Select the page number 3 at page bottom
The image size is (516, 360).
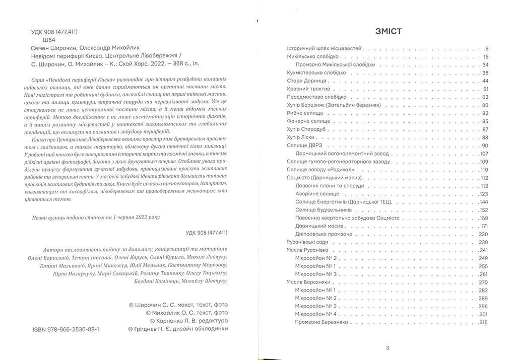tap(387, 347)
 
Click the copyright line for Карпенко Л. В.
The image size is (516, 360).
tap(189, 320)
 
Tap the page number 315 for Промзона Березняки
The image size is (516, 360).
tap(484, 323)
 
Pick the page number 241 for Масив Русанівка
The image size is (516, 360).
tap(484, 250)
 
